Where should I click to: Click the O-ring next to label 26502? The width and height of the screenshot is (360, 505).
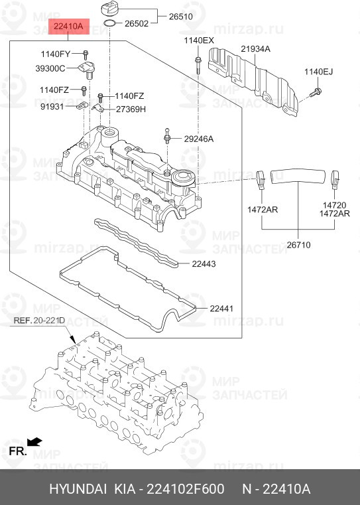(112, 25)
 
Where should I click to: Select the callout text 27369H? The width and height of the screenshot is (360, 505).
(131, 109)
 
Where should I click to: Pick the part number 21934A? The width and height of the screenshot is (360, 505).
(256, 49)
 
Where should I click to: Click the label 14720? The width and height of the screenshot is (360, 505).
(335, 206)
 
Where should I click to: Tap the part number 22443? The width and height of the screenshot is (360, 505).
(204, 264)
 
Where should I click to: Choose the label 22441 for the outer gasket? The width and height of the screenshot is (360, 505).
(222, 309)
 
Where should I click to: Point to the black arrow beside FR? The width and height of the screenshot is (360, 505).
(34, 441)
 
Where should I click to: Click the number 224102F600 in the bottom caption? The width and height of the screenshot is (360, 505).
(187, 489)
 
